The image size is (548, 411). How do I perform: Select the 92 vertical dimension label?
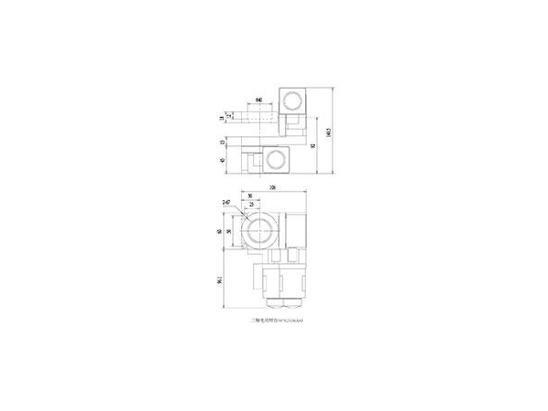coord(314,144)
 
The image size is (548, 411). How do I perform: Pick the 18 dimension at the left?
coord(223,117)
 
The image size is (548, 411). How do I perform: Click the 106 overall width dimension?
coord(272,189)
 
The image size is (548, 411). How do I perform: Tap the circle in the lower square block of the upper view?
coord(277,162)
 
